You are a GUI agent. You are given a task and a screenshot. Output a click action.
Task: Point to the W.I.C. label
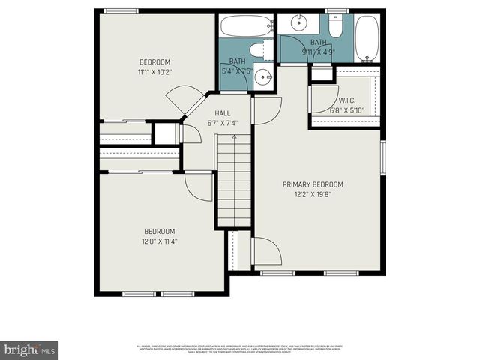tap(346, 100)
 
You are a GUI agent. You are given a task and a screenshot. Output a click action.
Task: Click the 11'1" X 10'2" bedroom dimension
tap(154, 73)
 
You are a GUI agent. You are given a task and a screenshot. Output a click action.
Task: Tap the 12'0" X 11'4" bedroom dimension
tap(159, 241)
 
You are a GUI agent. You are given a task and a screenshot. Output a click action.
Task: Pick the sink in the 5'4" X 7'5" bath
tap(263, 76)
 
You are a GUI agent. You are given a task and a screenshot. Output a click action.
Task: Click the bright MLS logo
tap(29, 349)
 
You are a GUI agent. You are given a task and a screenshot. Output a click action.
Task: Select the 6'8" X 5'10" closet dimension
tap(346, 110)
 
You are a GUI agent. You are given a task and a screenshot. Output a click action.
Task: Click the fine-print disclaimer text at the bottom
tap(240, 349)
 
